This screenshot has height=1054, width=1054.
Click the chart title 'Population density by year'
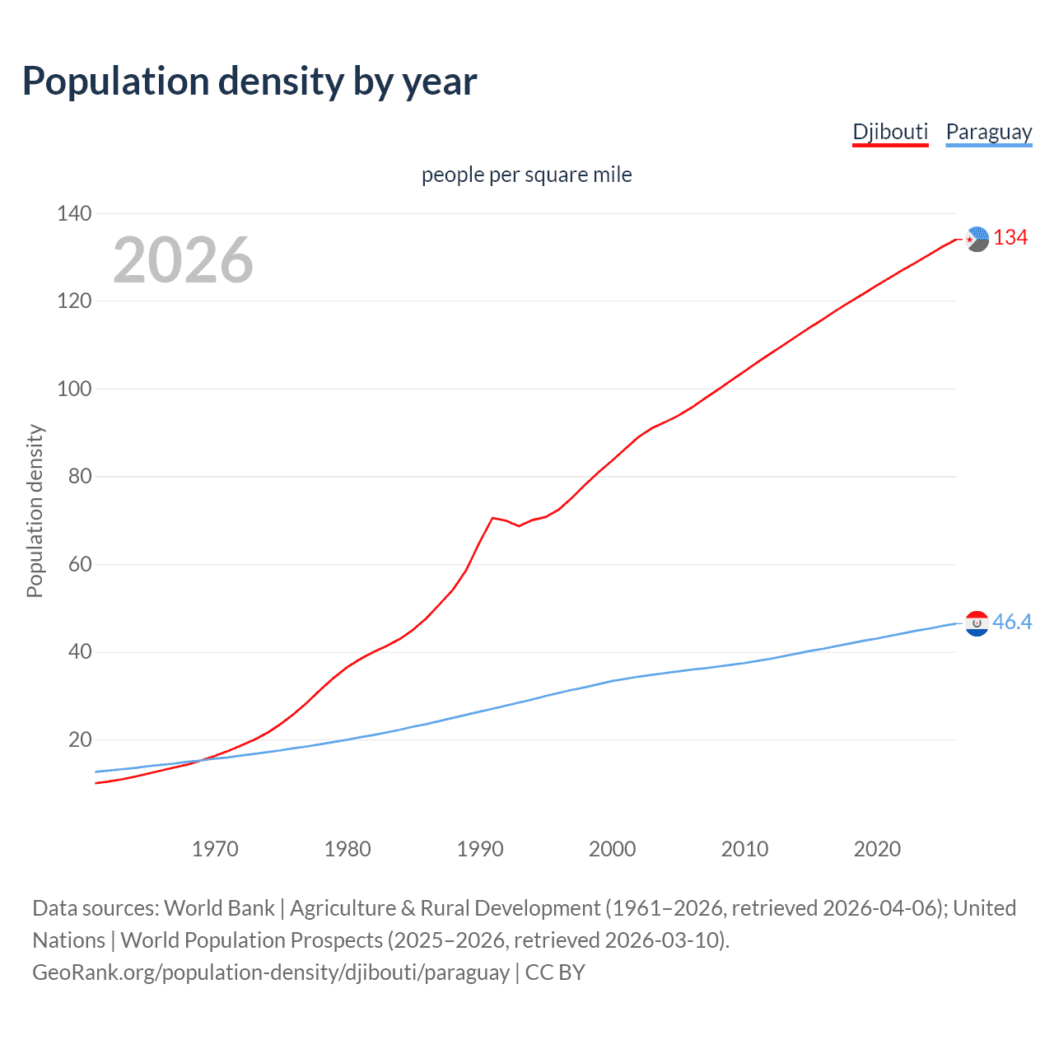[250, 82]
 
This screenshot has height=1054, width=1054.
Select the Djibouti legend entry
[890, 132]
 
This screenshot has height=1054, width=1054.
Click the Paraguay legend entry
[988, 132]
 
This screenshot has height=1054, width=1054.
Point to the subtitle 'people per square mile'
[526, 175]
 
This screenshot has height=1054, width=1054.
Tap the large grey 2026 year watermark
[183, 260]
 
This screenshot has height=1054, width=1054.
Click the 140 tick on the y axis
[74, 213]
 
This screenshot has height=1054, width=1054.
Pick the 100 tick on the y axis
[74, 389]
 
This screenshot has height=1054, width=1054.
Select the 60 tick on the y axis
[74, 564]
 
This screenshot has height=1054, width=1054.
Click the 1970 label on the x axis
[215, 849]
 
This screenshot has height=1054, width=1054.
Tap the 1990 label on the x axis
[480, 849]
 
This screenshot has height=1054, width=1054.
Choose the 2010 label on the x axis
[744, 849]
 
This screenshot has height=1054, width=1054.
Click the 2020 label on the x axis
[877, 849]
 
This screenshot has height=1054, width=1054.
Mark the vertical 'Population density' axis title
[35, 511]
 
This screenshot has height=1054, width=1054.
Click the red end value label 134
[1010, 238]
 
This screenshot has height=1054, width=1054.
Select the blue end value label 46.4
[1012, 623]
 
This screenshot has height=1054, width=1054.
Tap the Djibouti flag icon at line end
[977, 239]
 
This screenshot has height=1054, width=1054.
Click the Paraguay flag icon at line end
[977, 623]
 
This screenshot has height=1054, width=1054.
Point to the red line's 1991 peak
[492, 518]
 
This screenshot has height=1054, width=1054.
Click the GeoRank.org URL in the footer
[271, 972]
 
